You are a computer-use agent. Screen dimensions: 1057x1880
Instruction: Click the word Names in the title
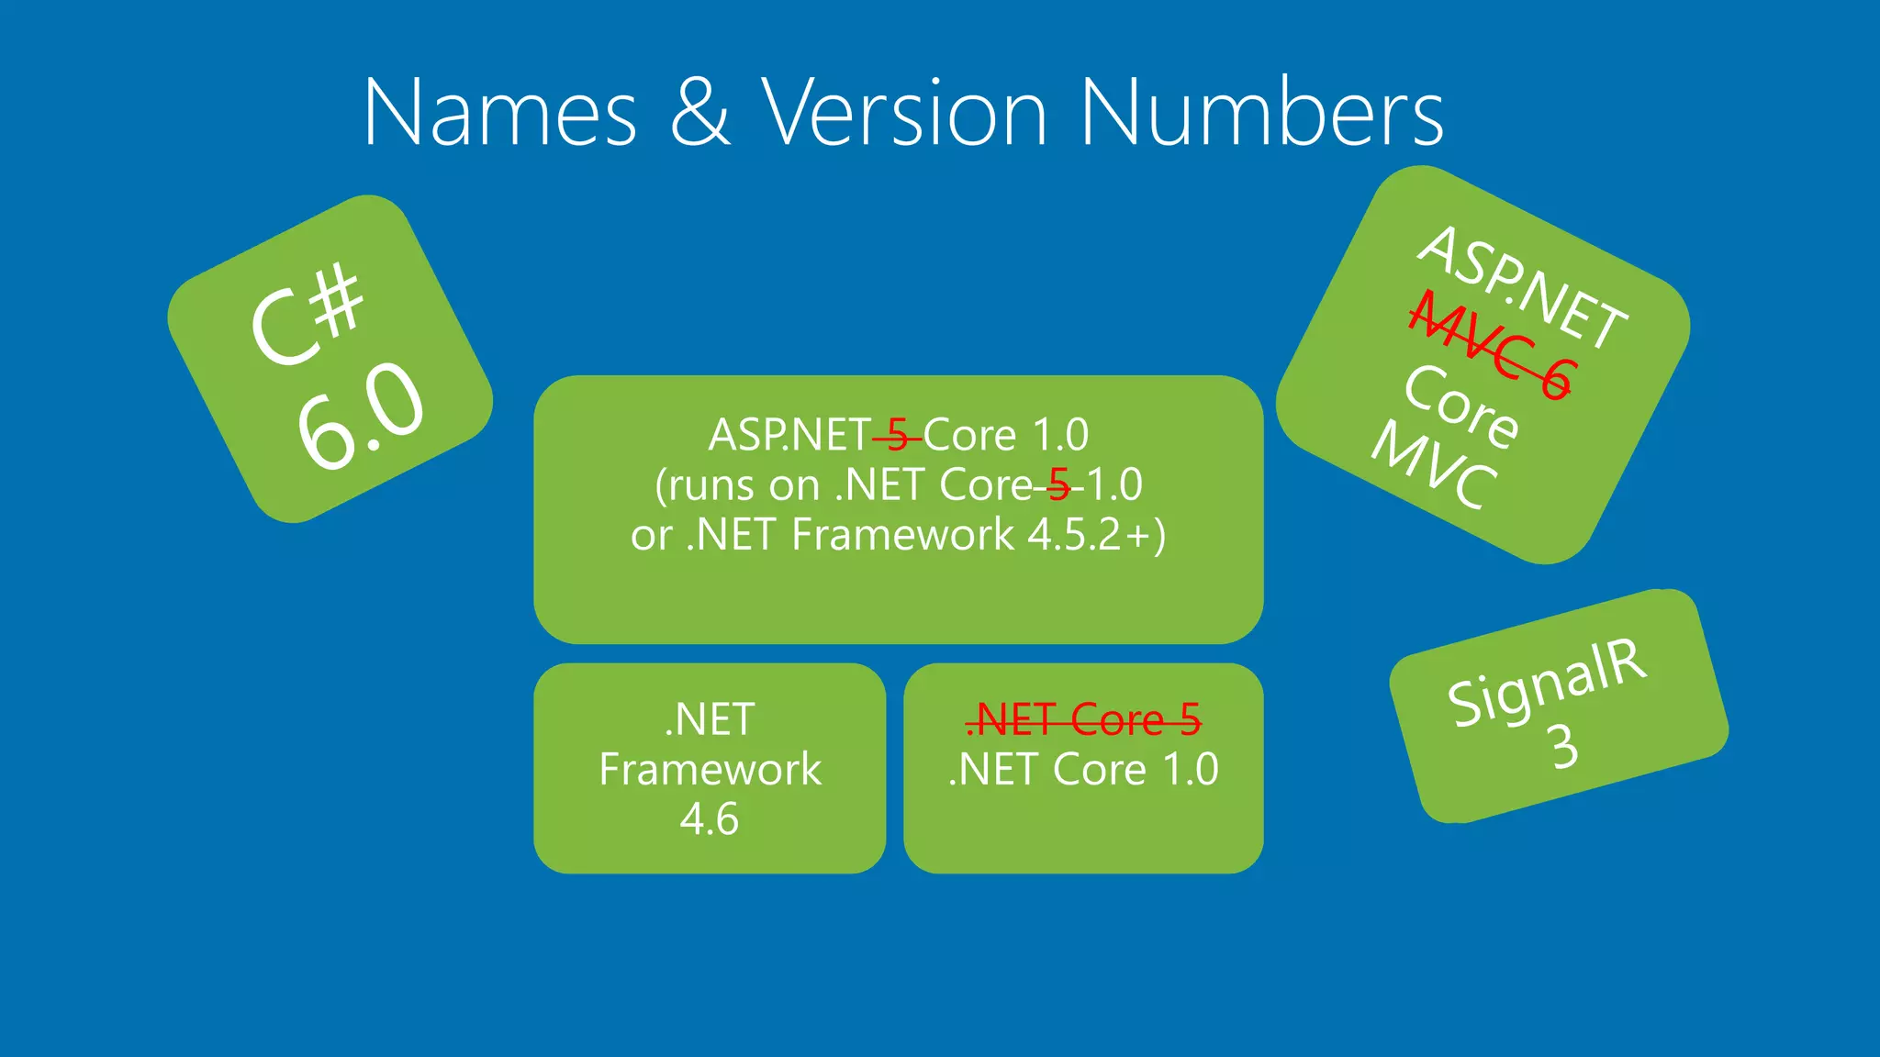coord(500,112)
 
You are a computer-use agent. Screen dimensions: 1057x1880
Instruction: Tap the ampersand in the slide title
coord(700,112)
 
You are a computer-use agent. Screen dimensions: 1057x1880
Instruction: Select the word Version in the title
coord(904,112)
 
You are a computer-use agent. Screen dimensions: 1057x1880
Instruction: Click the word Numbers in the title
coord(1261,112)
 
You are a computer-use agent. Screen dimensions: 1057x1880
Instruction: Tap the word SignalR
coord(1547,681)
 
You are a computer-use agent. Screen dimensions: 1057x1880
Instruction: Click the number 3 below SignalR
coord(1564,747)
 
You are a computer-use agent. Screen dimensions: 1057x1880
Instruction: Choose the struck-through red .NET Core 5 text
coord(1083,719)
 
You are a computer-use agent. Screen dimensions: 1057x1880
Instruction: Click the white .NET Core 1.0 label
coord(1083,769)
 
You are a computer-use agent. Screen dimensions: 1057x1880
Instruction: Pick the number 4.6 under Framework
coord(709,818)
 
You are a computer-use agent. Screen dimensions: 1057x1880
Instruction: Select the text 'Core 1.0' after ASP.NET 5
coord(1006,435)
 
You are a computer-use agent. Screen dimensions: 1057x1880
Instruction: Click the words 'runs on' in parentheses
coord(744,485)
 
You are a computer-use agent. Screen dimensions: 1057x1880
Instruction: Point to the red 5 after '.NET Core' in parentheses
coord(1058,484)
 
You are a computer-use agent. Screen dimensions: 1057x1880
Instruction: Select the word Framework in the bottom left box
coord(710,769)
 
